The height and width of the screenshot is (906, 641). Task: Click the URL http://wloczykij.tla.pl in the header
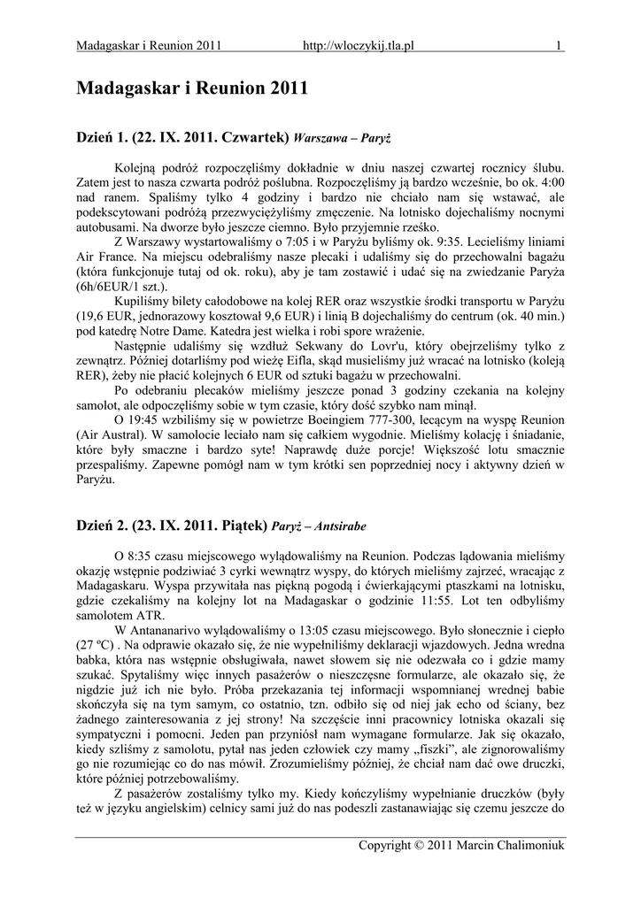coord(359,45)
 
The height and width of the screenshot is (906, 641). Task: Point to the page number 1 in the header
coord(560,45)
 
